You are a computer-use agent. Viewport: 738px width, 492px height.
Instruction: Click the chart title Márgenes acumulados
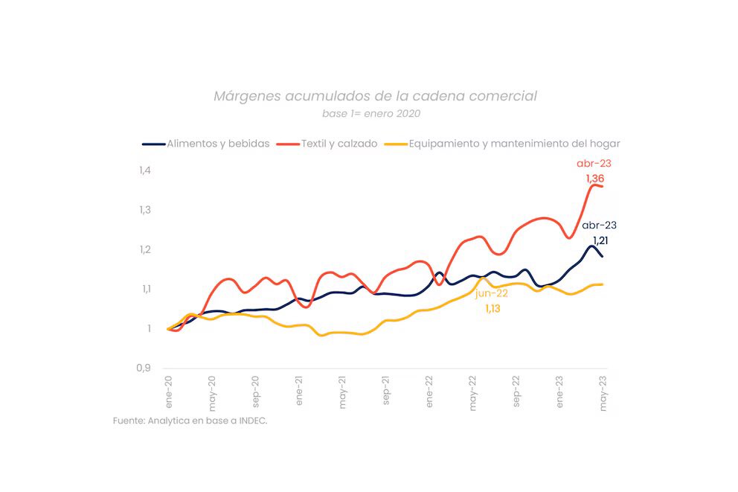(x=375, y=96)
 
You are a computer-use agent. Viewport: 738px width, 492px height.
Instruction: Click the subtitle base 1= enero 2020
(x=371, y=114)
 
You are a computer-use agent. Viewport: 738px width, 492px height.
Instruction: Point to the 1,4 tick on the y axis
(x=144, y=170)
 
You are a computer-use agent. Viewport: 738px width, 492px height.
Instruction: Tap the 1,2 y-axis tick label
(x=144, y=249)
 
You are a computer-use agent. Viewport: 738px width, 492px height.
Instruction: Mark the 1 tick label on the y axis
(x=148, y=328)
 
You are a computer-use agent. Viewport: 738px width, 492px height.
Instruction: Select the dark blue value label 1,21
(x=600, y=240)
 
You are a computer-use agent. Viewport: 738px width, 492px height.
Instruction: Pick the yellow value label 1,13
(x=492, y=308)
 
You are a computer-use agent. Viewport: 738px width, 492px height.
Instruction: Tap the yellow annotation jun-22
(x=491, y=293)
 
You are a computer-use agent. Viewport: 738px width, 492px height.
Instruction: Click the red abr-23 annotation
(x=594, y=163)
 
